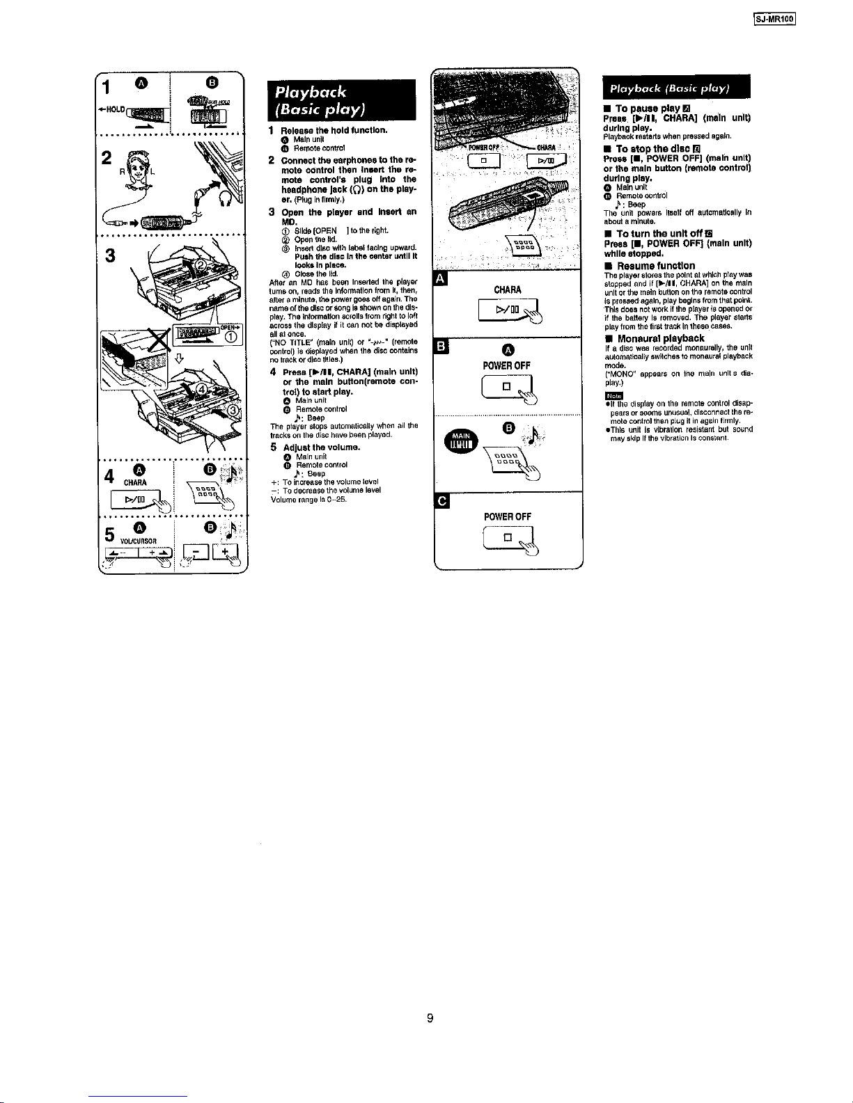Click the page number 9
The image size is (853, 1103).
pyautogui.click(x=430, y=1018)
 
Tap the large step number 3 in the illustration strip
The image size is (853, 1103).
pyautogui.click(x=110, y=255)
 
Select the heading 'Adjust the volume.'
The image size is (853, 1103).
pyautogui.click(x=316, y=447)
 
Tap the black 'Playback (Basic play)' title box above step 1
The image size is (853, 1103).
pyautogui.click(x=341, y=100)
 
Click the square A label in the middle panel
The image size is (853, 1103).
pyautogui.click(x=440, y=280)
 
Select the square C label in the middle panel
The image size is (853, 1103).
pyautogui.click(x=440, y=502)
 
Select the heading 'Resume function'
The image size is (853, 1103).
pyautogui.click(x=656, y=266)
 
